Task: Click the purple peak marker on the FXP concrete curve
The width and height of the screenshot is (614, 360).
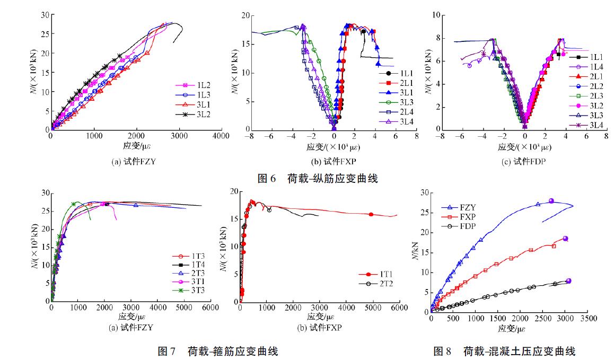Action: click(565, 239)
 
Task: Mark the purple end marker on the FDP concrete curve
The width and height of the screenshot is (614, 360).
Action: click(568, 280)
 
